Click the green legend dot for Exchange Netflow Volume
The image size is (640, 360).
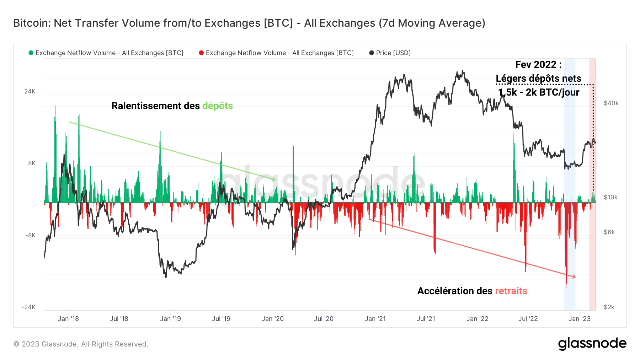click(x=31, y=53)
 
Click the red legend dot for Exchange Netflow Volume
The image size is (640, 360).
click(x=201, y=53)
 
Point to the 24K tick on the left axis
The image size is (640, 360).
click(x=30, y=91)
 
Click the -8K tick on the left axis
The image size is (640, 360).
click(x=30, y=235)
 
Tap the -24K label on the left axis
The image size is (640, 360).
click(x=28, y=307)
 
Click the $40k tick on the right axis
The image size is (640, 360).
click(x=611, y=103)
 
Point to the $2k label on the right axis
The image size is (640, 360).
click(x=609, y=307)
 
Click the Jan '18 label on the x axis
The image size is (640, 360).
click(x=68, y=319)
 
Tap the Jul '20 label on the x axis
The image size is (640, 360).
click(x=324, y=319)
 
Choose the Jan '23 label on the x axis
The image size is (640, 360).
click(x=579, y=319)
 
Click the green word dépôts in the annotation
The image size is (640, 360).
click(x=218, y=106)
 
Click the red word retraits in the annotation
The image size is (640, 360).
click(x=511, y=291)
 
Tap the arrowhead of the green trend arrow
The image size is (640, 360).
click(x=274, y=179)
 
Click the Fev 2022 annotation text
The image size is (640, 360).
click(x=538, y=65)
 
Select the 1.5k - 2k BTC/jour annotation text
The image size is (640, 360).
click(x=538, y=92)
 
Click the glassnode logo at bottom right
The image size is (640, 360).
click(x=592, y=344)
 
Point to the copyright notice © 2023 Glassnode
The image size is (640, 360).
click(x=81, y=344)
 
